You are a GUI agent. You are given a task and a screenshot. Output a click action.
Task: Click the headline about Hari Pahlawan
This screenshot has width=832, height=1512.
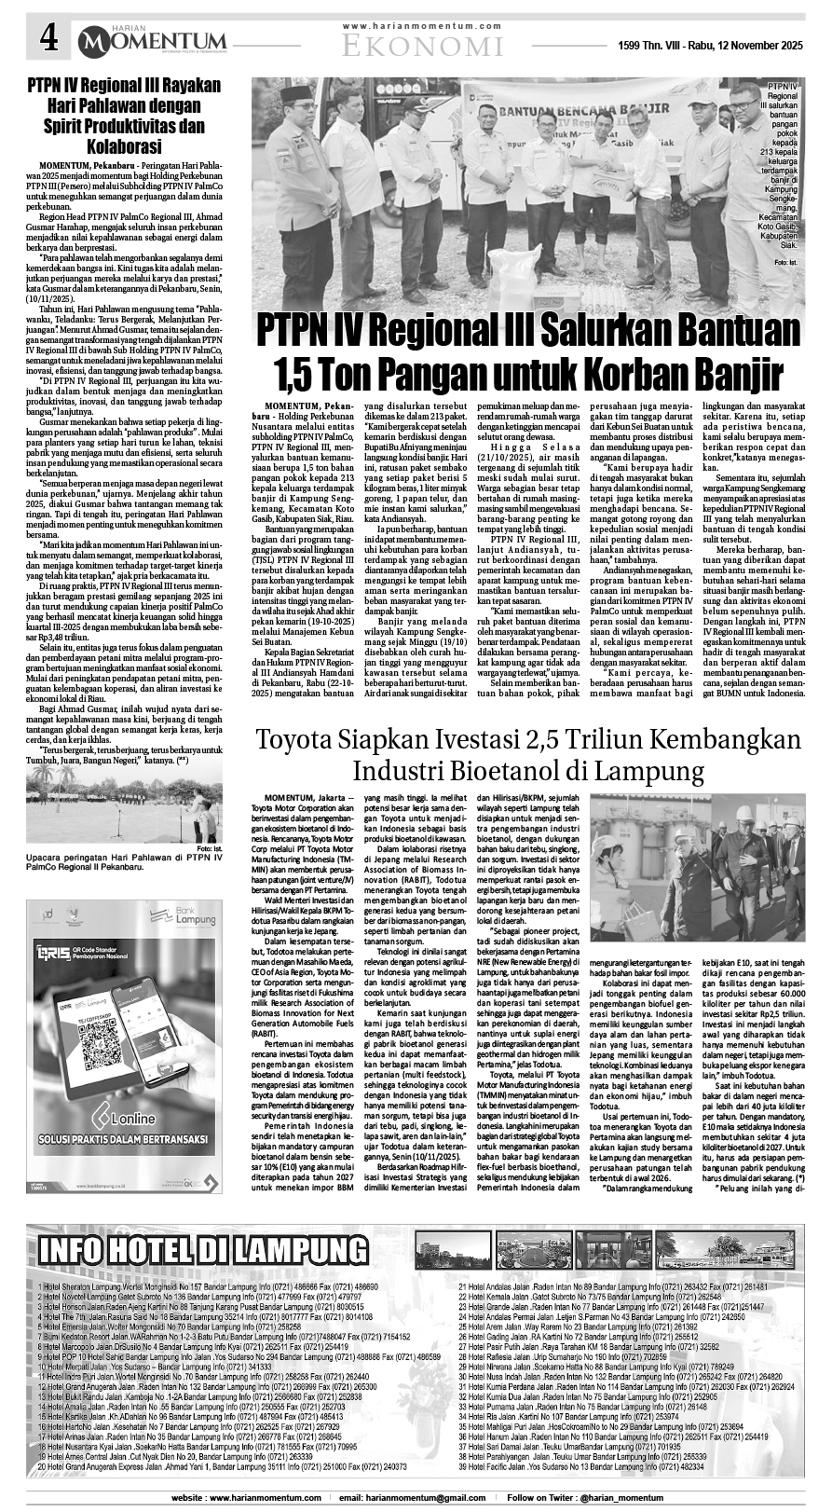123,116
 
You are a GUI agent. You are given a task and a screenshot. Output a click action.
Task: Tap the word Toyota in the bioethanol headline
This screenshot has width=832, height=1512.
300,739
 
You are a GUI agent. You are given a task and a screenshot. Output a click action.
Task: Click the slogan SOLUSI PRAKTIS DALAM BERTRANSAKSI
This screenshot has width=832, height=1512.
124,1139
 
